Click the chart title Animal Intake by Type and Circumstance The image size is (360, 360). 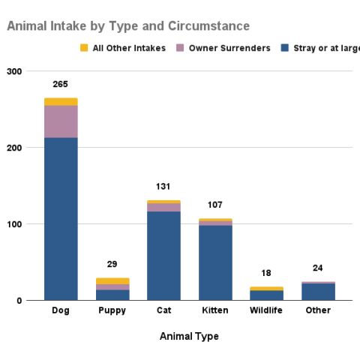(128, 26)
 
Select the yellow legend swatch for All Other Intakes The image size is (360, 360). (84, 49)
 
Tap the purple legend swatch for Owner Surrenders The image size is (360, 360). (180, 49)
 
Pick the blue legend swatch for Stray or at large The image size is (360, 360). (285, 49)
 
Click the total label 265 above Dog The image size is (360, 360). (61, 84)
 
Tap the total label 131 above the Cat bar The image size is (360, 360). (163, 187)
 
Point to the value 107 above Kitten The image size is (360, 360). (215, 205)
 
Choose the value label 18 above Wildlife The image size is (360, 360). (266, 273)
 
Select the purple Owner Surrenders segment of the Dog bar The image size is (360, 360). (61, 121)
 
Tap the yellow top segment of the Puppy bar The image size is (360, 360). (112, 281)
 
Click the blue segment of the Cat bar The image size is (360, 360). (163, 256)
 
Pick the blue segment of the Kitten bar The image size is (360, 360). (215, 262)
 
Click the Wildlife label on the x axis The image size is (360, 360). (266, 311)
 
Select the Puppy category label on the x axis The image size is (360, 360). (112, 311)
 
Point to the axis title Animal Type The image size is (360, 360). (189, 337)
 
